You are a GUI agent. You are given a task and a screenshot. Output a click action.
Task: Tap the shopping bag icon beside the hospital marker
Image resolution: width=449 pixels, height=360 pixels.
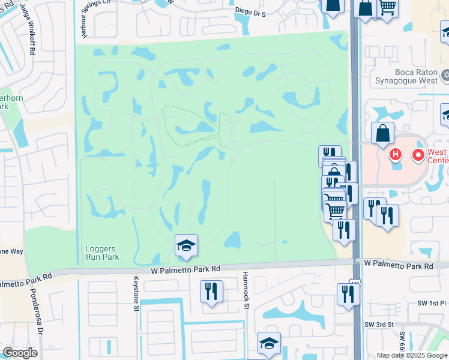(382, 133)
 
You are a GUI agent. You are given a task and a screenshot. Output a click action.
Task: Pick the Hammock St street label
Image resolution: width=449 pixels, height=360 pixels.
(246, 290)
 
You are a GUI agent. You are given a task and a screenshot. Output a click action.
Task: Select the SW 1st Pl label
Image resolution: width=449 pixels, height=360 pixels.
(432, 304)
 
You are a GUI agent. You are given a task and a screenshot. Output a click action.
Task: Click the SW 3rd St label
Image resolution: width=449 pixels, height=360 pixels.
(378, 325)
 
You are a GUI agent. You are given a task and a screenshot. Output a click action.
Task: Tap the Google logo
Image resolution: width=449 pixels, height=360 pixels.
(20, 353)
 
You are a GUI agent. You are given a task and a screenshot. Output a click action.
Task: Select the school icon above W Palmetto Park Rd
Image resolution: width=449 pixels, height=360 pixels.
(186, 245)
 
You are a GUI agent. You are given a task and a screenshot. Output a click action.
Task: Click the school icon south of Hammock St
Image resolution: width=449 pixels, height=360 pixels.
(270, 343)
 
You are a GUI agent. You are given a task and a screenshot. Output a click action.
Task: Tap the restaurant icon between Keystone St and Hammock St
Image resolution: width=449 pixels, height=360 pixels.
(211, 292)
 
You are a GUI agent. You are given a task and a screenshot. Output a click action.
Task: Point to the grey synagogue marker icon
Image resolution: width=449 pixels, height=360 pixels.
(445, 76)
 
